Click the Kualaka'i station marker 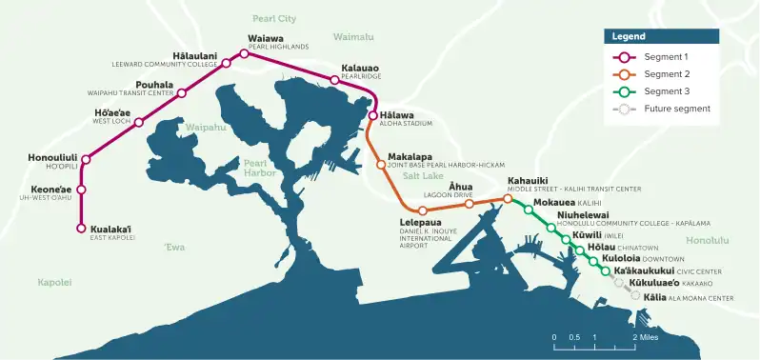(x=81, y=229)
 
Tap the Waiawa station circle (x=245, y=54)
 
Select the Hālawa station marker (x=373, y=116)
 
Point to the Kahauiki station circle (x=508, y=199)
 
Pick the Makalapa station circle (x=381, y=164)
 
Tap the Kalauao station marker (x=334, y=80)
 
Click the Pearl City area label (x=274, y=18)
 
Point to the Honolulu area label (x=707, y=240)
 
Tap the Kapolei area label (x=54, y=283)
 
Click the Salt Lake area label (x=423, y=176)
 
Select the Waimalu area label (x=354, y=36)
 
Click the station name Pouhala (x=154, y=85)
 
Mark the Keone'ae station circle (x=81, y=190)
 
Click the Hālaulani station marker (x=226, y=66)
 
